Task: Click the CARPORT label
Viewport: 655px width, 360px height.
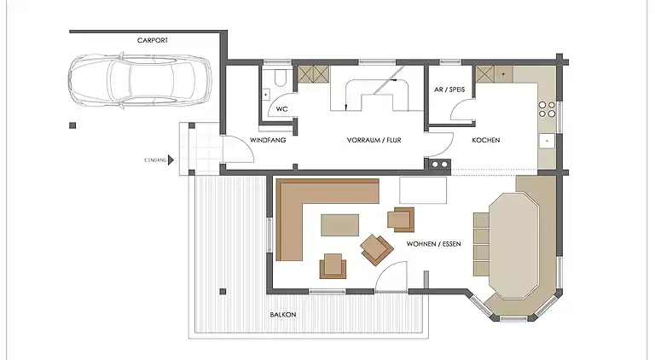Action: tap(153, 40)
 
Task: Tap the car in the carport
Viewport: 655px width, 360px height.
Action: tap(140, 80)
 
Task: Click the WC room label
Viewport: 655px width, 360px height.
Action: tap(282, 109)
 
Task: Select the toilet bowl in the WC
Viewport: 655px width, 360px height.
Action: tap(280, 78)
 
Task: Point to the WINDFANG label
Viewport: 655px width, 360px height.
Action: tap(268, 140)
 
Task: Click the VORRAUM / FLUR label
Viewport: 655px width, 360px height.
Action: tap(374, 140)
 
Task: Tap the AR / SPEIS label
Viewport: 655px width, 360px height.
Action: tap(449, 90)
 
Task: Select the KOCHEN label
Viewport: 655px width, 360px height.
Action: tap(486, 140)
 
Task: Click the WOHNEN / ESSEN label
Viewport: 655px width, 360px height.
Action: tap(433, 243)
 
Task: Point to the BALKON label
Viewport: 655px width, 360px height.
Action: tap(283, 315)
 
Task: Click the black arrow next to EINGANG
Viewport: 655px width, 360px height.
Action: tap(171, 160)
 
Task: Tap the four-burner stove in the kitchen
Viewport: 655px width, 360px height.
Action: tap(547, 109)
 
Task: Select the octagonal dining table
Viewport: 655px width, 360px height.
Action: tap(513, 246)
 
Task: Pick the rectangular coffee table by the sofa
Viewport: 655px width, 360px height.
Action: tap(339, 224)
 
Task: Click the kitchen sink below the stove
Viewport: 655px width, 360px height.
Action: tap(547, 141)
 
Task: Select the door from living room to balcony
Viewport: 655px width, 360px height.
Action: tap(391, 277)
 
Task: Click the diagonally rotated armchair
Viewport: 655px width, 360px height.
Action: tap(377, 250)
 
